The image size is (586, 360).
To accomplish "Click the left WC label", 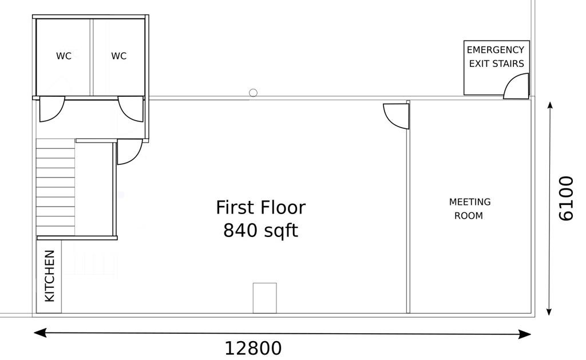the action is click(64, 56).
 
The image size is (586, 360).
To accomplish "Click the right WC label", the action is click(119, 56).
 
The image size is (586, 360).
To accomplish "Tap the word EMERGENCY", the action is click(495, 50).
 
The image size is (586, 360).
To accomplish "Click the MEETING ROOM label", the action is click(469, 209).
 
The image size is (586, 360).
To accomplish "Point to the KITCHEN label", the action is click(50, 276).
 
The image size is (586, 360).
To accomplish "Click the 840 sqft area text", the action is click(260, 231).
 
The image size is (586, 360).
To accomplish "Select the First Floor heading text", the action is click(260, 208).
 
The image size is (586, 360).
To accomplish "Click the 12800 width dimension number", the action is click(253, 349).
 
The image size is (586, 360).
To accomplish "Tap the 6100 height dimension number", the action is click(565, 199).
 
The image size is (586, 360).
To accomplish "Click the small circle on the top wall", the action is click(253, 93).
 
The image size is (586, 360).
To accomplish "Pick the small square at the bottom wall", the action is click(264, 298).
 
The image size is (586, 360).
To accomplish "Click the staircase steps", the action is click(56, 187).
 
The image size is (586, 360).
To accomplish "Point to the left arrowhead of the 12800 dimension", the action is click(40, 333).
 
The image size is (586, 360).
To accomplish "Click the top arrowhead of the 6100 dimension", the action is click(550, 105).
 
